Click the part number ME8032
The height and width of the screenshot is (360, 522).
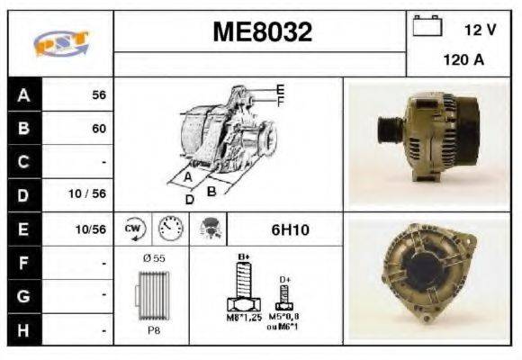(x=262, y=33)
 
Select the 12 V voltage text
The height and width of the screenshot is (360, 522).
(x=480, y=30)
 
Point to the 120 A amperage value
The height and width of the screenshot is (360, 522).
(x=463, y=61)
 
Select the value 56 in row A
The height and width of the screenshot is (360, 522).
(x=99, y=94)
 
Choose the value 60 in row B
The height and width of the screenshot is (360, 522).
(x=99, y=129)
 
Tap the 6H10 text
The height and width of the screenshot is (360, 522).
(x=290, y=229)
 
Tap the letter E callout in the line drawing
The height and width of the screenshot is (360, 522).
(x=280, y=90)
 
